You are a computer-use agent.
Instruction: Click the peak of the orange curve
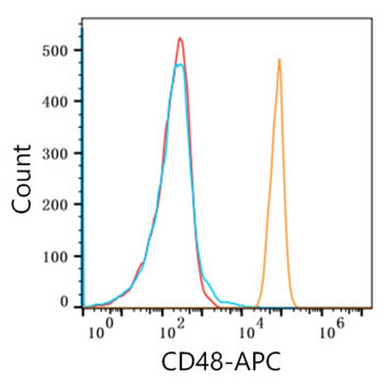279,60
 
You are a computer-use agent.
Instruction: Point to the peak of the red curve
180,39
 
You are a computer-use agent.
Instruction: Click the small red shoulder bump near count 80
141,264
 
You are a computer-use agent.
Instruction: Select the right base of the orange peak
294,304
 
